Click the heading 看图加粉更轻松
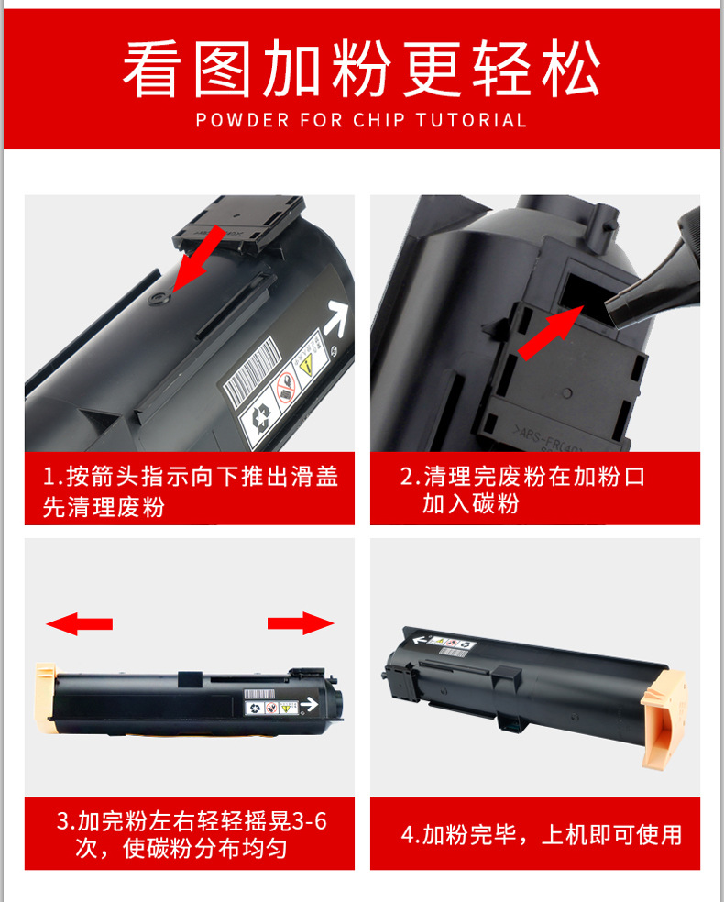[x=361, y=71]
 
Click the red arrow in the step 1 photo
[x=200, y=256]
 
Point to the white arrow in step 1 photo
[x=337, y=316]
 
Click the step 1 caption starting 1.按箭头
[x=190, y=490]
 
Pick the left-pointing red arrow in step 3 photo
[x=80, y=624]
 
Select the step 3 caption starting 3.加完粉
[x=190, y=833]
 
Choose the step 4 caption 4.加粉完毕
[x=542, y=834]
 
